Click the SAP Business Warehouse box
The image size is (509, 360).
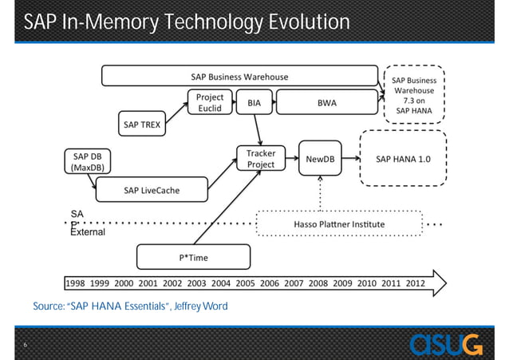coord(239,77)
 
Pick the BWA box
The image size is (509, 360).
coord(326,103)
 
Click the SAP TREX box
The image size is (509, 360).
coord(141,125)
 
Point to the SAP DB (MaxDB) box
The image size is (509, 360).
coord(86,161)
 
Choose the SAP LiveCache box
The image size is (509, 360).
coord(151,190)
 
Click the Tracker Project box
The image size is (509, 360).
coord(261,158)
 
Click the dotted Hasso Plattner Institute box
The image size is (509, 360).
coord(337,224)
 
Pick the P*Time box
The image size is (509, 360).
coord(194,256)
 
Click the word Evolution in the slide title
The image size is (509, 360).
coord(286,22)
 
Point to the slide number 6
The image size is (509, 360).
coord(26,345)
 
